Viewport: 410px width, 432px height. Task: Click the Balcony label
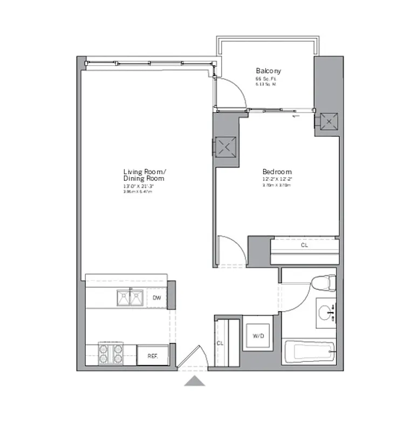tap(268, 71)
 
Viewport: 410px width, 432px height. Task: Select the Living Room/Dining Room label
tap(143, 174)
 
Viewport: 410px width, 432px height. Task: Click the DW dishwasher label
tap(157, 298)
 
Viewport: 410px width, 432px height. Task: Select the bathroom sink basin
tap(325, 313)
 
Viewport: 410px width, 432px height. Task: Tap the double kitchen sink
tap(129, 297)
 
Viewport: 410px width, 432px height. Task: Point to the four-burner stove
tap(111, 355)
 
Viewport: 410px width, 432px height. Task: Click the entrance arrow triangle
tap(194, 382)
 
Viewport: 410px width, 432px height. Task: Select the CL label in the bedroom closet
tap(304, 245)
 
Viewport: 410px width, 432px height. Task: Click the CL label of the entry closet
tap(220, 343)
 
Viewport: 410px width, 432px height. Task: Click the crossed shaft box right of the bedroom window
tap(327, 121)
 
